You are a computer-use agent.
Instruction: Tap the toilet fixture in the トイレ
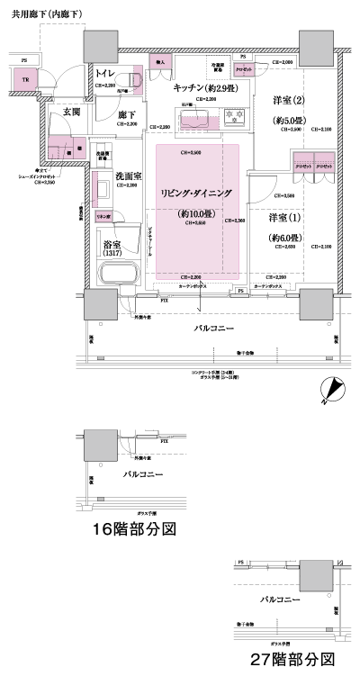pos(133,80)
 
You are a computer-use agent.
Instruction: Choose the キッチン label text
pos(203,86)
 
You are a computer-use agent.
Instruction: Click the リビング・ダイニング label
pos(196,194)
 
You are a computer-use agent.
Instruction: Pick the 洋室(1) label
pos(284,218)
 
